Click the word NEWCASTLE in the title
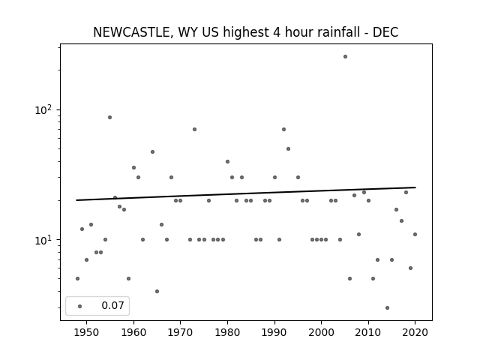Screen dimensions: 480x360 pyautogui.click(x=131, y=32)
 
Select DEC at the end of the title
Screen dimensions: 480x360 pyautogui.click(x=385, y=32)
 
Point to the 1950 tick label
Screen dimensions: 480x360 pyautogui.click(x=87, y=332)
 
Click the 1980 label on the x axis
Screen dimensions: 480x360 pyautogui.click(x=227, y=332)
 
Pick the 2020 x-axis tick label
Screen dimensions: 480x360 pyautogui.click(x=415, y=332)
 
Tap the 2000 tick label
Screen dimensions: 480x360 pyautogui.click(x=321, y=332)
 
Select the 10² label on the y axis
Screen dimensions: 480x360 pyautogui.click(x=43, y=109)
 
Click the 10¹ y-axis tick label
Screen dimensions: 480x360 pyautogui.click(x=43, y=240)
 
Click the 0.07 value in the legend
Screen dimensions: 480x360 pyautogui.click(x=112, y=305)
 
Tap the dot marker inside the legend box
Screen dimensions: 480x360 pyautogui.click(x=80, y=306)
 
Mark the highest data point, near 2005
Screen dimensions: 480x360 pyautogui.click(x=345, y=57)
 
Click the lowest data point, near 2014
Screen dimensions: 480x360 pyautogui.click(x=387, y=307)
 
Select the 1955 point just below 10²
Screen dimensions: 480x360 pyautogui.click(x=110, y=117)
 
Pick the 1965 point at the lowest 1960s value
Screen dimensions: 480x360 pyautogui.click(x=157, y=291)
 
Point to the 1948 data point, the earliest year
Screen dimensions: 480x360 pyautogui.click(x=77, y=278)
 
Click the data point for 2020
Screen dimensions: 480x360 pyautogui.click(x=415, y=234)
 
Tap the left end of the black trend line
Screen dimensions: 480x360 pyautogui.click(x=76, y=200)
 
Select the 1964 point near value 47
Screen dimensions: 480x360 pyautogui.click(x=152, y=151)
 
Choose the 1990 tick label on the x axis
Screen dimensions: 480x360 pyautogui.click(x=274, y=332)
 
